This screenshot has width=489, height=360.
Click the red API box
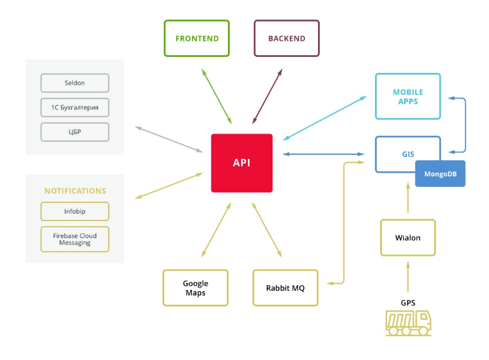[x=242, y=163]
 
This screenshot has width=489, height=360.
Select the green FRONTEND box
[x=197, y=38]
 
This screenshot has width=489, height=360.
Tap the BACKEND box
[x=287, y=38]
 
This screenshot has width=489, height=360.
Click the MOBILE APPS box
[x=408, y=96]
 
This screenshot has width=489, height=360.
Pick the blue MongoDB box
[x=440, y=174]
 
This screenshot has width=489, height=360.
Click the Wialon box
[x=408, y=238]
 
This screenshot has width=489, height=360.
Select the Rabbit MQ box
[x=286, y=288]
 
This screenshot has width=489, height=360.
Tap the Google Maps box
[x=195, y=288]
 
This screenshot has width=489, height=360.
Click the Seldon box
[x=75, y=83]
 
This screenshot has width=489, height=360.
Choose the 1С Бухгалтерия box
[x=75, y=108]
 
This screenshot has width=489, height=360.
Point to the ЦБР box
[x=75, y=132]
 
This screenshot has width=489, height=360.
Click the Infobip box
[x=75, y=211]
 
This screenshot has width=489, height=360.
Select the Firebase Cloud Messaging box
[x=75, y=239]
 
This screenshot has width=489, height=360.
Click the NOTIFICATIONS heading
[x=75, y=191]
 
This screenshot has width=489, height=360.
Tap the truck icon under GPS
[x=408, y=323]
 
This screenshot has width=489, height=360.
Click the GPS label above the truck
[x=408, y=302]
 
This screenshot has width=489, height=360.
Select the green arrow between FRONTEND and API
[x=217, y=96]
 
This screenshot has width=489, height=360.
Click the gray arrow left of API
[x=169, y=140]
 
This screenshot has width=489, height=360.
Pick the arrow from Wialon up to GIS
[x=408, y=197]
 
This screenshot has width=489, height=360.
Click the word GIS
[x=408, y=154]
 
